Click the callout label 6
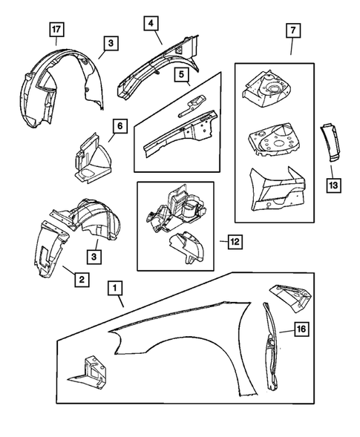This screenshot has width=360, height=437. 118,128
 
